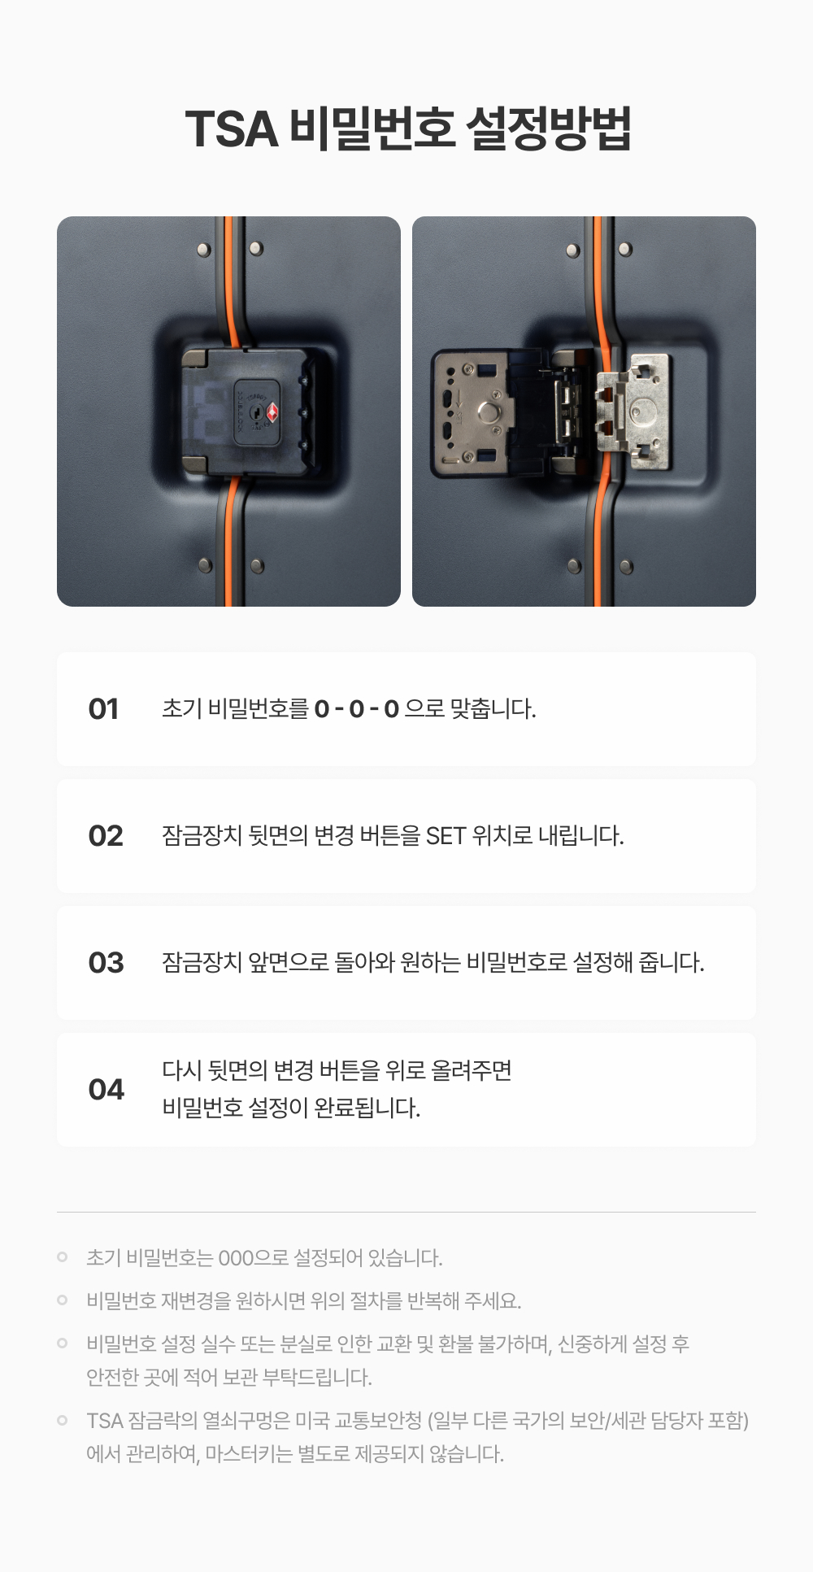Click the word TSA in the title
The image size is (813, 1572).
pos(232,128)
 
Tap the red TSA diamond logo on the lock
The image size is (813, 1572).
pos(272,412)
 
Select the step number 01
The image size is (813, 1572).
pos(103,709)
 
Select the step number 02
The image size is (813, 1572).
pos(106,836)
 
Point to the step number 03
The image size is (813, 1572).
pos(106,963)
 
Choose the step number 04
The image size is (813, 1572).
pos(106,1090)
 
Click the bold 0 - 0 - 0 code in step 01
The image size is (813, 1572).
pos(357,709)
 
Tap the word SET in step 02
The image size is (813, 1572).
pos(446,836)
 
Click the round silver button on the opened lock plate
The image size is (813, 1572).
pos(489,412)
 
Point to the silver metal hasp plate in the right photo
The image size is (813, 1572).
pos(634,412)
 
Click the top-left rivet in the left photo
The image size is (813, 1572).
pos(204,249)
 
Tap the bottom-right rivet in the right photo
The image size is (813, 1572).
pos(627,566)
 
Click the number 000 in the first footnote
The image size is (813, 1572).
pos(237,1258)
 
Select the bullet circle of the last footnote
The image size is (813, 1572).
pos(63,1420)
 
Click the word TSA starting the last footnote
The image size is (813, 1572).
pos(105,1421)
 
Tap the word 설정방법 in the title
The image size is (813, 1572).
pos(549,128)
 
